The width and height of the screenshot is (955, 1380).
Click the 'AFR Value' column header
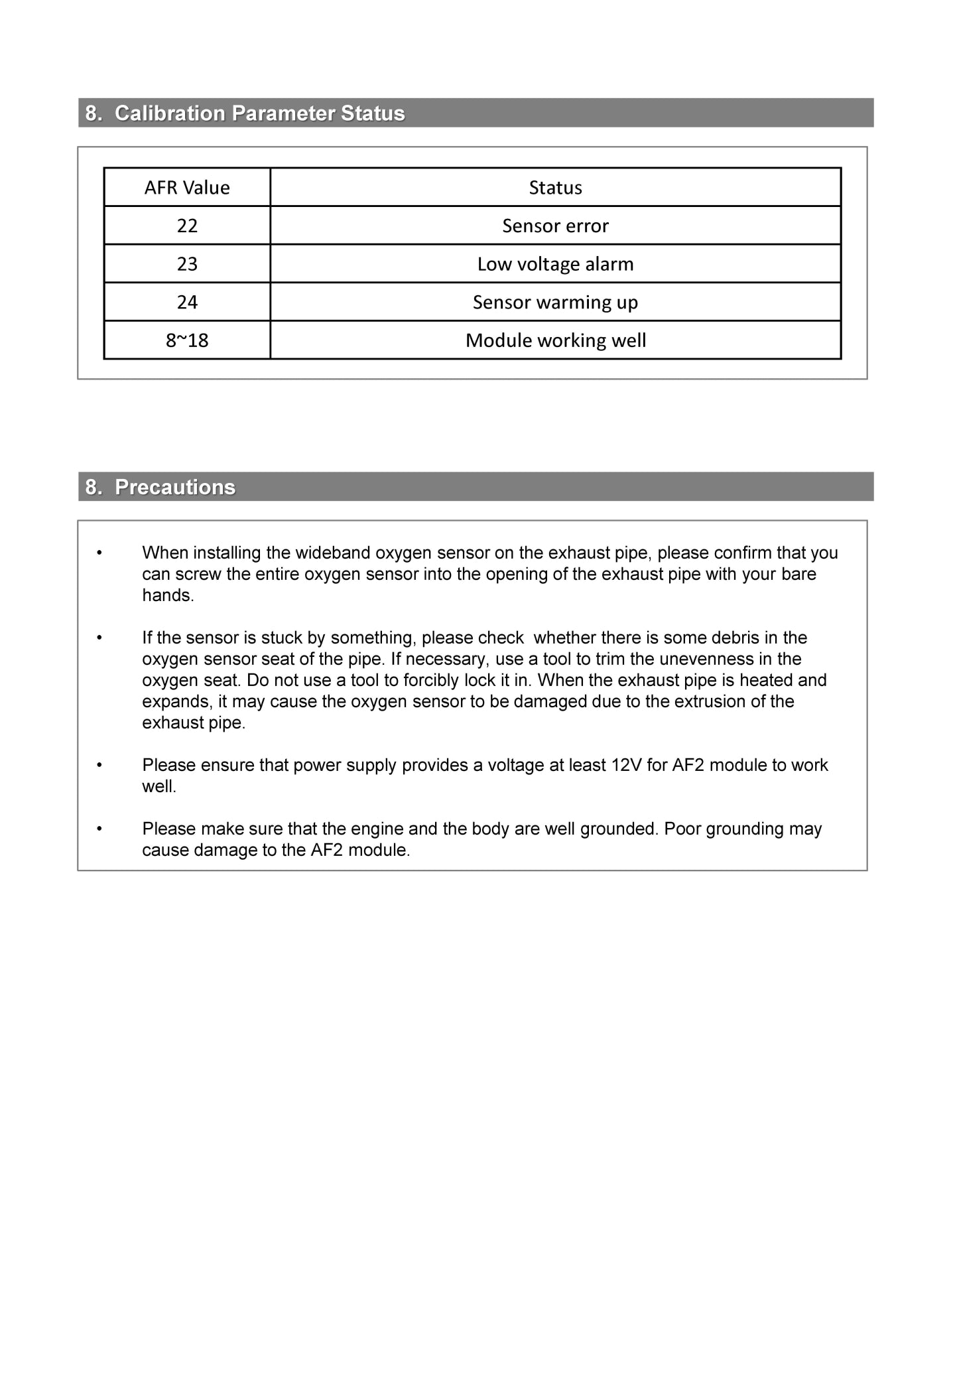(x=187, y=188)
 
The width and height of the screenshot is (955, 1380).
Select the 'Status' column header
(x=555, y=188)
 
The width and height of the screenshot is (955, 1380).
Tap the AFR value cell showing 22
(x=187, y=226)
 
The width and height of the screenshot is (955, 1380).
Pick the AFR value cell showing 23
(x=187, y=264)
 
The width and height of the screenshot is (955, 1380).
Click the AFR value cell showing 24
(x=187, y=303)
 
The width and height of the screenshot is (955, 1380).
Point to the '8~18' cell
(x=187, y=340)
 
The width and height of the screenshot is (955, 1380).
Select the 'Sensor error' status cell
(x=555, y=226)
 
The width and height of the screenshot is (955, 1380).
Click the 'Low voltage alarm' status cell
(x=555, y=264)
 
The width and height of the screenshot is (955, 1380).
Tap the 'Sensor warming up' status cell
(x=555, y=303)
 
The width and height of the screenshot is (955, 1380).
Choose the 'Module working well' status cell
(x=555, y=340)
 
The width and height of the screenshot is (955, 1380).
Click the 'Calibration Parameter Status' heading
(x=259, y=113)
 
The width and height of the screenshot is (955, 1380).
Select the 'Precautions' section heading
(x=175, y=487)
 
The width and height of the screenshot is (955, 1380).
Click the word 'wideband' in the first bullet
(x=333, y=553)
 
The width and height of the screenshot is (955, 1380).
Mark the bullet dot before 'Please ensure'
(x=99, y=765)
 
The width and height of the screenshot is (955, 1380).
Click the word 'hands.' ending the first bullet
(x=168, y=595)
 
